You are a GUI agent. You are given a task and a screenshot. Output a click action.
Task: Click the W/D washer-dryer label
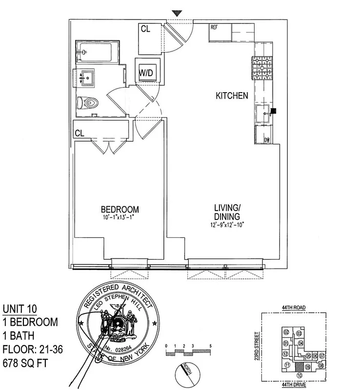click(x=146, y=73)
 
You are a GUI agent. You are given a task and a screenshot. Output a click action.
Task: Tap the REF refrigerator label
click(x=214, y=27)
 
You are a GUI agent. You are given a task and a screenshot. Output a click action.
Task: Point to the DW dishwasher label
click(x=267, y=140)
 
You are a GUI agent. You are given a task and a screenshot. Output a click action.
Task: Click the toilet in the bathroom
click(x=89, y=103)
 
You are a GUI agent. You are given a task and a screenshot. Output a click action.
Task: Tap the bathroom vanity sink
click(x=88, y=77)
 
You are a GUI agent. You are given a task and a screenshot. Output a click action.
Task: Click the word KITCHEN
click(x=232, y=96)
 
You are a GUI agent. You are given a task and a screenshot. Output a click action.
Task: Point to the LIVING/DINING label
click(x=227, y=213)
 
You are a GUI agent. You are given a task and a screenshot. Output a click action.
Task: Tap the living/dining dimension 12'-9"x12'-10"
click(x=227, y=224)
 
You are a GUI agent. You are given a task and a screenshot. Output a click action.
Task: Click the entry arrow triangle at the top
click(x=177, y=14)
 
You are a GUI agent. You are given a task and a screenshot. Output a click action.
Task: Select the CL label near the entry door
click(x=145, y=29)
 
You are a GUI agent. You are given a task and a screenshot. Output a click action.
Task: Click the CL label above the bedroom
click(x=80, y=133)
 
